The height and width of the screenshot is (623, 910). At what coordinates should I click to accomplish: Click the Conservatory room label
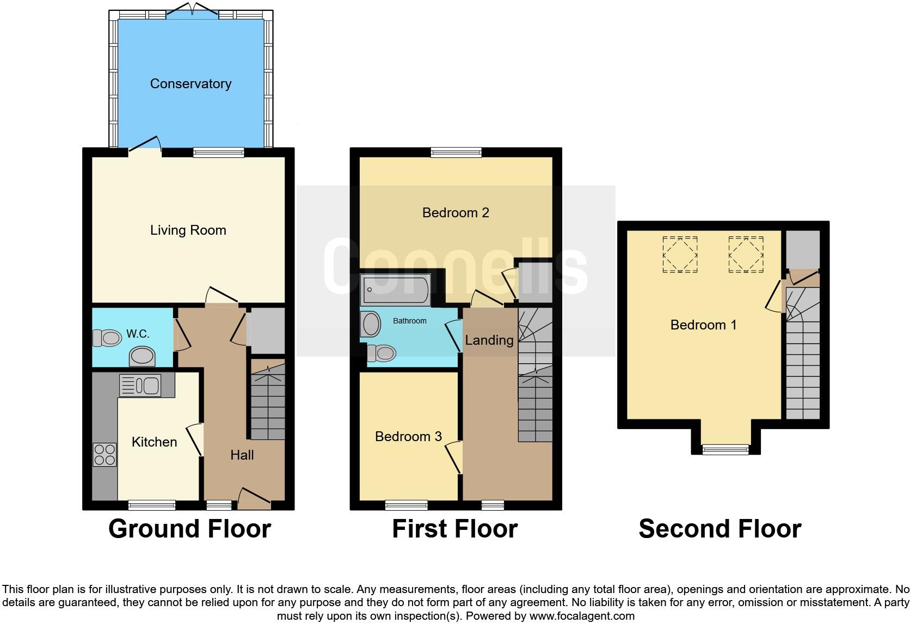(190, 84)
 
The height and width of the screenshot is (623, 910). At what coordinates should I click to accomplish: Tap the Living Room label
(188, 230)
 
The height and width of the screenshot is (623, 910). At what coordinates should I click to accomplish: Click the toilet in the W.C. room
(107, 338)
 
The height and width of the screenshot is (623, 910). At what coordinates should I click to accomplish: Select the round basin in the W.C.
(142, 357)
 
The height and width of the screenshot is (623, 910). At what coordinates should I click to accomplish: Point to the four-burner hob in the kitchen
(104, 455)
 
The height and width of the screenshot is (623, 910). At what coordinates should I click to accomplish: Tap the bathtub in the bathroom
(395, 289)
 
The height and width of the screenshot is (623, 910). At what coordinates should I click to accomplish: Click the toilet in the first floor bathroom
(381, 353)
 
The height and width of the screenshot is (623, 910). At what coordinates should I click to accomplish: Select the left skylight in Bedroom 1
(680, 254)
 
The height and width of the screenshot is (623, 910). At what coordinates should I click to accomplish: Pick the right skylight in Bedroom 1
(746, 254)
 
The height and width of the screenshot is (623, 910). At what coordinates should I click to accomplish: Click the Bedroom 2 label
(456, 213)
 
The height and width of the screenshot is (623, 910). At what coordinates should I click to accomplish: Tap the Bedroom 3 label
(408, 437)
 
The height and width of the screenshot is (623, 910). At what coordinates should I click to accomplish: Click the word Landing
(489, 340)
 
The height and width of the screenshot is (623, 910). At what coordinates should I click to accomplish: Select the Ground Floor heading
(189, 529)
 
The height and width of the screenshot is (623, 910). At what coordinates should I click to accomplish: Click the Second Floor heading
(720, 529)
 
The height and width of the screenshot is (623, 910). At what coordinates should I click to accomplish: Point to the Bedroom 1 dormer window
(725, 449)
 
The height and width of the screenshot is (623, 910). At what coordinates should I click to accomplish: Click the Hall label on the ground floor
(242, 455)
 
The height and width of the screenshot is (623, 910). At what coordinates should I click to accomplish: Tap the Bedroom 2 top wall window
(456, 152)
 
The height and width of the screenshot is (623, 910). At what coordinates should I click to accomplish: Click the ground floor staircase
(267, 403)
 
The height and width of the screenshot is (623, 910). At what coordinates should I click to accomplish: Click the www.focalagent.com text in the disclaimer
(582, 616)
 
